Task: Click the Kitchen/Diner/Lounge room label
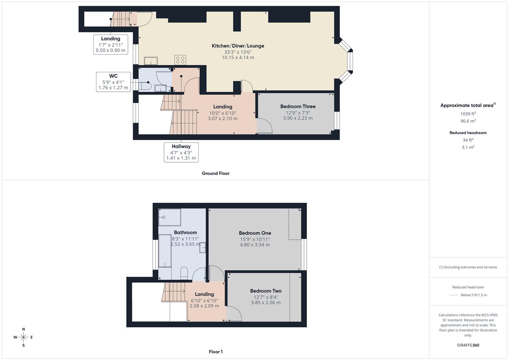point(238,46)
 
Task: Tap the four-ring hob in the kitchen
point(180,60)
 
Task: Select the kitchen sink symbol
point(151,61)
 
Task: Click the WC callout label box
point(113,82)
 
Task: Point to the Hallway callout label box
point(181,152)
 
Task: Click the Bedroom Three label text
point(298,106)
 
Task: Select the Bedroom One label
point(255,233)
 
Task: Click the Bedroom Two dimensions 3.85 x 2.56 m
point(266,303)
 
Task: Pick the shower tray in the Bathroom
point(170,217)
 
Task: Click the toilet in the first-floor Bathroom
point(184,273)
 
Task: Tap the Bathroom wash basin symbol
point(203,248)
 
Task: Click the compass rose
point(23,337)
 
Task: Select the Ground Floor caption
point(216,173)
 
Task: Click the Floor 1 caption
point(216,352)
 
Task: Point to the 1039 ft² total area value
point(468,114)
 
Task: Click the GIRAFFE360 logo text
point(468,345)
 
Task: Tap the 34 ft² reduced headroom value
point(468,140)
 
